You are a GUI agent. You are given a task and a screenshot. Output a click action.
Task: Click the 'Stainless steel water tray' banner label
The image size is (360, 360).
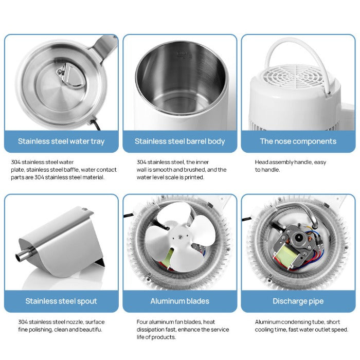[61, 141]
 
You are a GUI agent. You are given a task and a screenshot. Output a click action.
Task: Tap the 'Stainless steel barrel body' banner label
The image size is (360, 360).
[179, 141]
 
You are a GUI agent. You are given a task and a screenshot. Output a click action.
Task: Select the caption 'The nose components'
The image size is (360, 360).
[298, 141]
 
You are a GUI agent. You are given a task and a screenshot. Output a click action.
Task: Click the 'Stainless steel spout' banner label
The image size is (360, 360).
[61, 301]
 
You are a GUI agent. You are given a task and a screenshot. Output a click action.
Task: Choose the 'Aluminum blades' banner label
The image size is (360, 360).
[179, 301]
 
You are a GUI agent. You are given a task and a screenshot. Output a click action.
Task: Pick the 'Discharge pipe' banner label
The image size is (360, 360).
[298, 301]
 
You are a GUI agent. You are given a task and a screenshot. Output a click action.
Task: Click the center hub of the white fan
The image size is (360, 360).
[179, 237]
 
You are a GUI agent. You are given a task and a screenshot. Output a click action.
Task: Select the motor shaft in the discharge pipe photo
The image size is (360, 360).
[298, 239]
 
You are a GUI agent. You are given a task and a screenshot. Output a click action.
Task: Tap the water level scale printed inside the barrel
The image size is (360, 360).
[181, 54]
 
